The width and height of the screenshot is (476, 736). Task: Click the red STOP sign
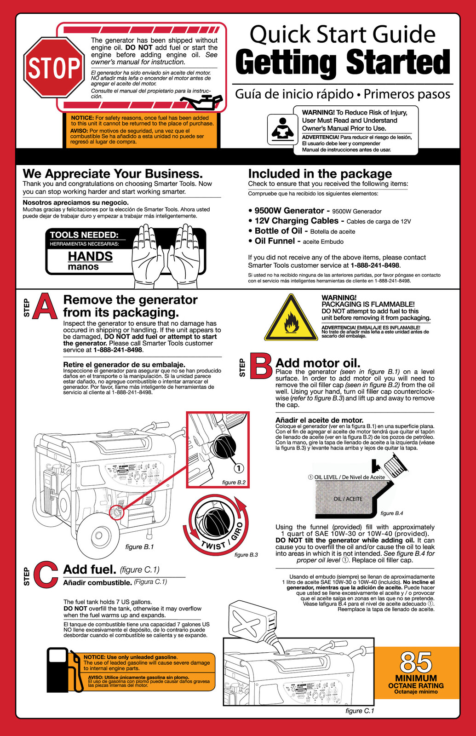tap(54, 68)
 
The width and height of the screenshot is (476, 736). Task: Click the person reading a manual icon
tap(282, 129)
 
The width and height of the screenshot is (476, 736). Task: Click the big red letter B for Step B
tap(260, 366)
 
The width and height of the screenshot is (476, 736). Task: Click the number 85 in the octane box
tap(416, 663)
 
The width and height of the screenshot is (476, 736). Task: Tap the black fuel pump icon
tap(64, 669)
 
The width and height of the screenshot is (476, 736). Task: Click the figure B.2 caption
tap(234, 483)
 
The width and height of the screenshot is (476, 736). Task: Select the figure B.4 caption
tap(392, 513)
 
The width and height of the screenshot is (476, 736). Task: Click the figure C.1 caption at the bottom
tap(360, 711)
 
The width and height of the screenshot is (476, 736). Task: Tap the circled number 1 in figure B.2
tap(239, 468)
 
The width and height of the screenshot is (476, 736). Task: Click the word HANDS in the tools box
tap(90, 256)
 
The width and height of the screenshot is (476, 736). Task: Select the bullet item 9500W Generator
tap(289, 211)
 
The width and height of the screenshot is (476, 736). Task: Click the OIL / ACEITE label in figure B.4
tap(348, 499)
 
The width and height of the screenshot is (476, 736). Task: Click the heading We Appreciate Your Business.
tap(113, 174)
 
